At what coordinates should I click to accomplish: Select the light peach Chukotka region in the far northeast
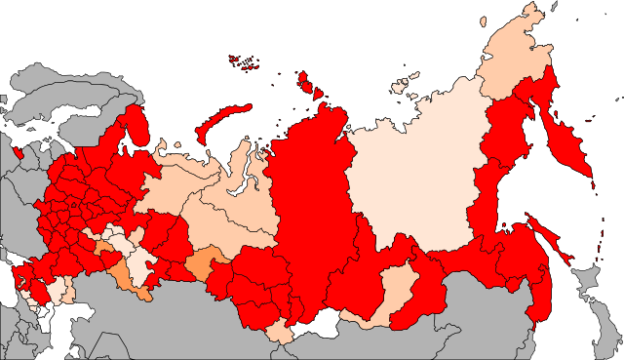coord(512,59)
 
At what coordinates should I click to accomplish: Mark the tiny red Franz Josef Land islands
coord(244,61)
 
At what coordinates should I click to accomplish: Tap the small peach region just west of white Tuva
coord(279,332)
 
